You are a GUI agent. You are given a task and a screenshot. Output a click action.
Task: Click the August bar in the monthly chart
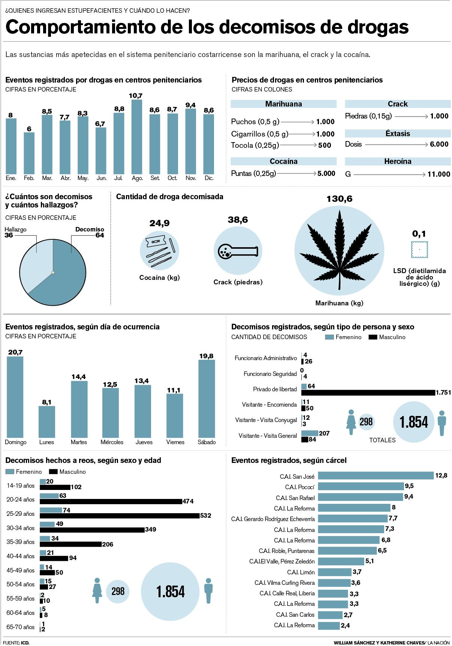click(137, 137)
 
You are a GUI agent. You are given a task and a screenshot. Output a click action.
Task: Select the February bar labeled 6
click(29, 153)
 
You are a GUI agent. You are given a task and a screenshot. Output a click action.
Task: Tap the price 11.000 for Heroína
click(439, 174)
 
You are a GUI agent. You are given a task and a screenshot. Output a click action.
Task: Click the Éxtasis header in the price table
click(398, 134)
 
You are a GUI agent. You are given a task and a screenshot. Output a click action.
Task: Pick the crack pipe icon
click(238, 251)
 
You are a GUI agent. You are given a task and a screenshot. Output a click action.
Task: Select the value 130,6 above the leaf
click(339, 199)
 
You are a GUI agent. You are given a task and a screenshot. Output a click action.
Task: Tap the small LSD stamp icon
click(419, 249)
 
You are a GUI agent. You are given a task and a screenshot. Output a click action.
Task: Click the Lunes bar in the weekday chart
click(47, 422)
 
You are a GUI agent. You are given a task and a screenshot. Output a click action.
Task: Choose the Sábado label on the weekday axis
click(207, 442)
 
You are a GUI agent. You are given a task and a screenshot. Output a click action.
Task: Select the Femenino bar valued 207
click(310, 433)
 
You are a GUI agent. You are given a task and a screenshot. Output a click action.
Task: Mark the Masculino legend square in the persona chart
click(373, 337)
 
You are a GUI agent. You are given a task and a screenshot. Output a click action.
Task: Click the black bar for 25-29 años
click(120, 516)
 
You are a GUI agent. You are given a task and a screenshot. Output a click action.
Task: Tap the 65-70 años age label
click(20, 627)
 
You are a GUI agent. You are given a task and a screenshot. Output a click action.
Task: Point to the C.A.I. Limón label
click(301, 572)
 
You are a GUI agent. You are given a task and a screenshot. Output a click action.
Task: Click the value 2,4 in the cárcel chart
click(345, 625)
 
